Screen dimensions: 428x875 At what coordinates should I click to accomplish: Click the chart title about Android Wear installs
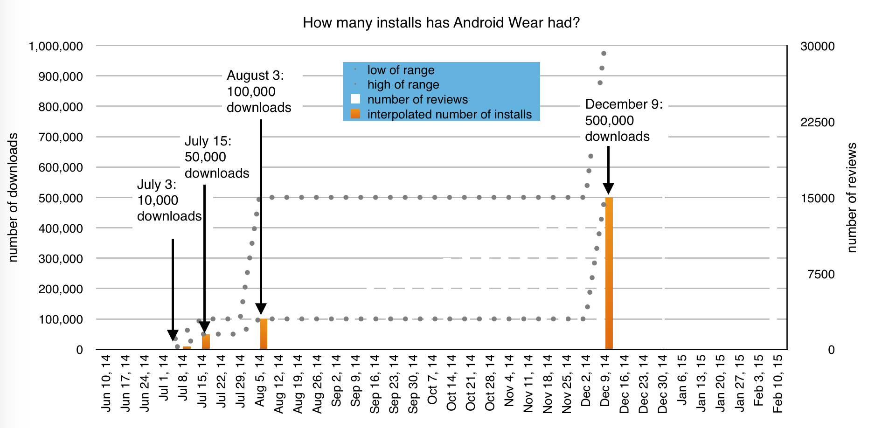point(441,22)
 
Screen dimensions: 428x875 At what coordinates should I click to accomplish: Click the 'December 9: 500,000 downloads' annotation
point(623,120)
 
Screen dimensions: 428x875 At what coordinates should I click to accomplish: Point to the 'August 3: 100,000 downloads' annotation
point(258,91)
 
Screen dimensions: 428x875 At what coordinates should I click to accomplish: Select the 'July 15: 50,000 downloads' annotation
point(216,157)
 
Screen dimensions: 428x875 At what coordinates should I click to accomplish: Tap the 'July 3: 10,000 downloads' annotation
point(169,200)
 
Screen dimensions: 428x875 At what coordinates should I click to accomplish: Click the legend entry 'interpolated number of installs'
point(449,114)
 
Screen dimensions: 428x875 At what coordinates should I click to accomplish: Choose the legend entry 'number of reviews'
point(417,99)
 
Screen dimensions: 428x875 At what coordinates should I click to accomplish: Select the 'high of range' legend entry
point(403,84)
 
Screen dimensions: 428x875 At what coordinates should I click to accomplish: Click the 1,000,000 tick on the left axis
point(56,46)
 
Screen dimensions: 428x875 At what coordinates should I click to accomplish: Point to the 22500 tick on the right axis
point(817,122)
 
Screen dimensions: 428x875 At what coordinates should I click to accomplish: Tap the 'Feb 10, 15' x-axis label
point(778,383)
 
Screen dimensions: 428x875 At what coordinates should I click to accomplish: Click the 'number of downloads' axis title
point(13,197)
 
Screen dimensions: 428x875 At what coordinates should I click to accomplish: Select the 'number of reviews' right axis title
point(852,197)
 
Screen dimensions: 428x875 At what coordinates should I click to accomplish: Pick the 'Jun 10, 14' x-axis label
point(106,383)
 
